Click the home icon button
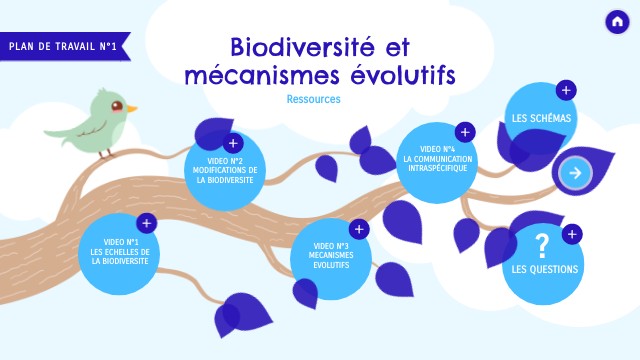click(x=616, y=22)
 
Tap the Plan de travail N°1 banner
click(x=63, y=46)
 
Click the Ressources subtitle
click(x=313, y=99)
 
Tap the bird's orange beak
click(x=132, y=107)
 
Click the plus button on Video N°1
click(x=146, y=224)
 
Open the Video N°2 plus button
click(x=233, y=144)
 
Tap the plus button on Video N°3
click(x=359, y=230)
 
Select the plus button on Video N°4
click(x=464, y=132)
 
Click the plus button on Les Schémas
click(x=566, y=91)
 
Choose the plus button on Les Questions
click(x=572, y=235)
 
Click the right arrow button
click(x=575, y=173)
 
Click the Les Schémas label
click(x=541, y=118)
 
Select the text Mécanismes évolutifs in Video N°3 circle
click(x=330, y=261)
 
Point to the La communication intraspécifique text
click(x=436, y=163)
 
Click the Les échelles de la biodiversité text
click(x=120, y=256)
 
